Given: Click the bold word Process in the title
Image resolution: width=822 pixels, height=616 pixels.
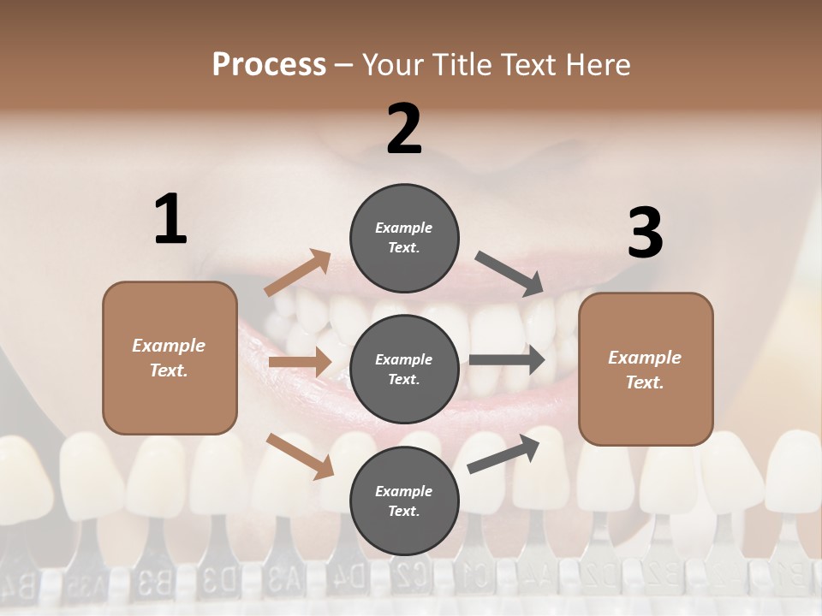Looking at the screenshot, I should pyautogui.click(x=269, y=64).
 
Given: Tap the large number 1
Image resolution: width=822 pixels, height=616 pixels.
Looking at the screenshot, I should pyautogui.click(x=170, y=219).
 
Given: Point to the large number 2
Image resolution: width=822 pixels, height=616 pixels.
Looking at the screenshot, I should pyautogui.click(x=404, y=129).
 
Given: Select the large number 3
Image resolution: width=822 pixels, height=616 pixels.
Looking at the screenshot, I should pyautogui.click(x=645, y=234).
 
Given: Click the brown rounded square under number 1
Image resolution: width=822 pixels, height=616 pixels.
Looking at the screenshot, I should pyautogui.click(x=170, y=358).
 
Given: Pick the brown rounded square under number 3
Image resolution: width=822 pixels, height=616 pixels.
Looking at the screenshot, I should pyautogui.click(x=646, y=369).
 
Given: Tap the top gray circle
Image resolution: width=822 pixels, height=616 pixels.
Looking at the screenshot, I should pyautogui.click(x=404, y=237).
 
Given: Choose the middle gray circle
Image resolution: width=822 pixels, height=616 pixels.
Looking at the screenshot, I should pyautogui.click(x=404, y=369).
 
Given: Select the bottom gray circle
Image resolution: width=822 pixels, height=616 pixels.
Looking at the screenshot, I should pyautogui.click(x=404, y=500).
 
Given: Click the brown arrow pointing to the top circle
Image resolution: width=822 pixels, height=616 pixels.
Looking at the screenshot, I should pyautogui.click(x=298, y=274).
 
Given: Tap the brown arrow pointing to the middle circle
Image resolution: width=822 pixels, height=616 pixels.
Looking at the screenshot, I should pyautogui.click(x=299, y=362).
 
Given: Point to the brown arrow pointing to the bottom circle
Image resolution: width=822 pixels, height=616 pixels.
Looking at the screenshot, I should pyautogui.click(x=300, y=456).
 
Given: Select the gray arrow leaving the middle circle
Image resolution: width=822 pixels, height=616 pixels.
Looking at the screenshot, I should pyautogui.click(x=507, y=360).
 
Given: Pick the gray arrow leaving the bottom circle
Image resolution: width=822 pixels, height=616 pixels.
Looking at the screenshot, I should pyautogui.click(x=504, y=453).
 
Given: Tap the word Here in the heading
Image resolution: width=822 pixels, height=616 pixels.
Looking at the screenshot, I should pyautogui.click(x=599, y=65).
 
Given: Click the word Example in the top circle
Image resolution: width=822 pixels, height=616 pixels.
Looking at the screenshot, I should pyautogui.click(x=404, y=228).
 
